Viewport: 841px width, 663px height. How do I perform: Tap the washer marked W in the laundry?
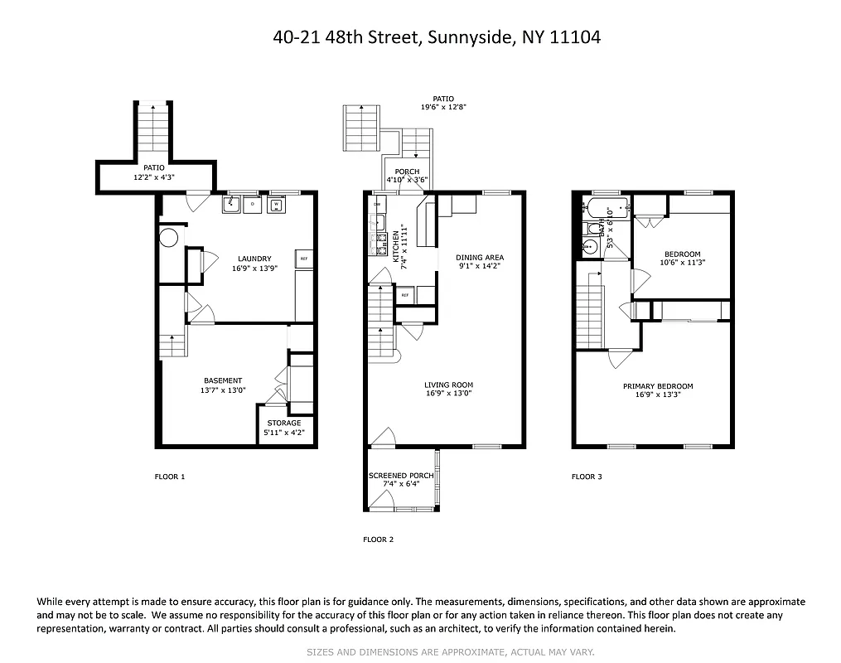coord(276,205)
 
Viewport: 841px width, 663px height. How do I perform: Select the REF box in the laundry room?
coord(304,258)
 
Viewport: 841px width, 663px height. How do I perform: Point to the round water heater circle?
coord(168,239)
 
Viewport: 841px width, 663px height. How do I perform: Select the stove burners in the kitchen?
coord(380,242)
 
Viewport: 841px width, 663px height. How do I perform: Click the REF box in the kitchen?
coord(405,295)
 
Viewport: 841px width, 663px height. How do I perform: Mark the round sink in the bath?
coord(589,247)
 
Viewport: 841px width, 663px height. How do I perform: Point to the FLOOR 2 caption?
coord(378,540)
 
